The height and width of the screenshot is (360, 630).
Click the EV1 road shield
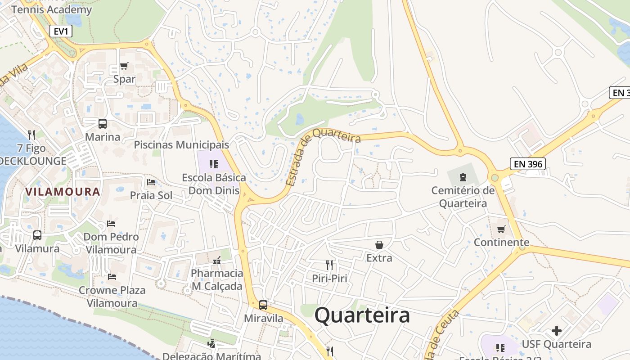(60, 31)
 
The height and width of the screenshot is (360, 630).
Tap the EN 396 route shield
(528, 164)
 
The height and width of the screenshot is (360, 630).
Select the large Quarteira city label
(362, 315)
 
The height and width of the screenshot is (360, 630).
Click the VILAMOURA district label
(63, 192)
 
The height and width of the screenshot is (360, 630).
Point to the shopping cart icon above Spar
(124, 66)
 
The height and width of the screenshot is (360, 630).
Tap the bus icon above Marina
(103, 124)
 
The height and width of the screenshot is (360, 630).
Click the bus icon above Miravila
(263, 305)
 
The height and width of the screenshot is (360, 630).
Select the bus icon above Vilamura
(37, 235)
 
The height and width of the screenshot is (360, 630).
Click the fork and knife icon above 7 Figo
(31, 135)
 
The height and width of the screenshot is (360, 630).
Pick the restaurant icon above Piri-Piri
(329, 265)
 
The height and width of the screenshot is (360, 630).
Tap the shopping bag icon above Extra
(379, 245)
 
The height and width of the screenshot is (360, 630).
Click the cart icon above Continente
(501, 229)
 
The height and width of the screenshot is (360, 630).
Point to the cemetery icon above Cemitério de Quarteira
(463, 177)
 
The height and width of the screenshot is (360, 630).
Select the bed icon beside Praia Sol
(151, 182)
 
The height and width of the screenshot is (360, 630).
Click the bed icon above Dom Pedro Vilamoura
(111, 224)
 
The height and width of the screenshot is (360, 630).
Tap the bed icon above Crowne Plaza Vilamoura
(112, 277)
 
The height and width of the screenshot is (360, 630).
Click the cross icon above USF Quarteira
(557, 331)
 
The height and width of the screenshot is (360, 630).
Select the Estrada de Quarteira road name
(323, 155)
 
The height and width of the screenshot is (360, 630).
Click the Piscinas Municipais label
(181, 145)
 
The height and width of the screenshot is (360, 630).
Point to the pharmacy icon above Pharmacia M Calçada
(216, 261)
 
